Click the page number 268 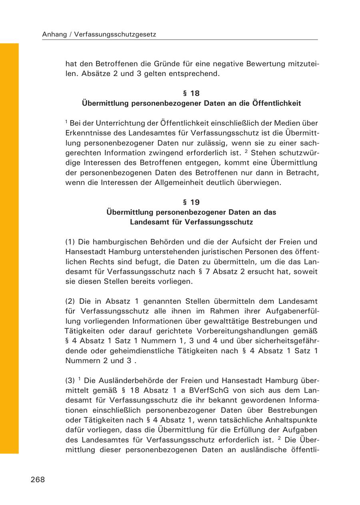click(x=38, y=480)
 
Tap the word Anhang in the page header click(x=54, y=35)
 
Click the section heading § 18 click(x=191, y=93)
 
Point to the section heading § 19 click(x=191, y=202)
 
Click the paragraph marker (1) click(x=70, y=242)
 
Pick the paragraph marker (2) click(x=70, y=301)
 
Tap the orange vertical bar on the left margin click(x=9, y=248)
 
